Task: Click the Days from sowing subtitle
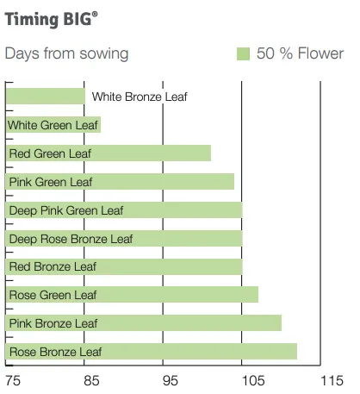click(x=66, y=53)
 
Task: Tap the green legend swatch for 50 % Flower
click(x=242, y=53)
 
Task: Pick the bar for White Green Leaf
click(x=53, y=125)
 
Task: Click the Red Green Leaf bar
click(x=109, y=153)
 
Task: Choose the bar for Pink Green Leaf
click(x=120, y=182)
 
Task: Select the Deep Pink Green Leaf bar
click(x=124, y=210)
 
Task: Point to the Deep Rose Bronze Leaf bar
click(x=124, y=239)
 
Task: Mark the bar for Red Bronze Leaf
click(x=124, y=266)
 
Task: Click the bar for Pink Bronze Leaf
click(x=144, y=323)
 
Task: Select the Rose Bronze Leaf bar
click(x=152, y=352)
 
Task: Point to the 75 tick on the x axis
click(x=14, y=380)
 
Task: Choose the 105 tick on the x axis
click(x=250, y=380)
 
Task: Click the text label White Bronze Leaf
click(x=140, y=97)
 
